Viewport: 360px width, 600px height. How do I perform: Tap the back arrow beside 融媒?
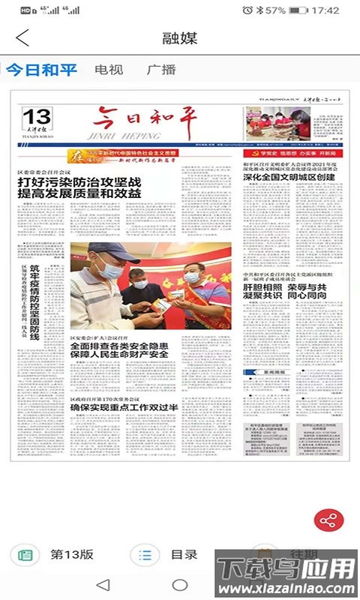(22, 38)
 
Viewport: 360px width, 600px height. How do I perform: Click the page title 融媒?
(180, 38)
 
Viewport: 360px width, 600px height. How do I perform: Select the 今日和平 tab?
(42, 70)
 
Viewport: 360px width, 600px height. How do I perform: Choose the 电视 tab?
(109, 70)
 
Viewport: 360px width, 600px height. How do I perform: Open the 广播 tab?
(161, 70)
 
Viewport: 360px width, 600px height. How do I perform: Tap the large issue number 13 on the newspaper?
(37, 116)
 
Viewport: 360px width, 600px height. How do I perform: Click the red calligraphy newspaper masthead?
(142, 120)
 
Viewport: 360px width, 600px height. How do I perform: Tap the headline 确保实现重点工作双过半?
(124, 407)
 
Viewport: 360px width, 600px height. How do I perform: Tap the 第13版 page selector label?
(72, 555)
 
